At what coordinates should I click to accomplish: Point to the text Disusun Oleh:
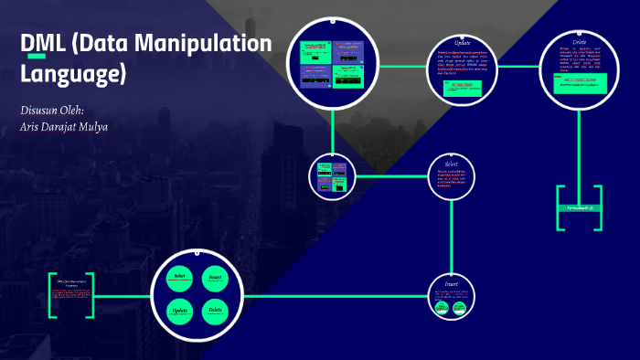[52, 110]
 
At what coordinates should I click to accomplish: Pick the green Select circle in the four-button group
[180, 279]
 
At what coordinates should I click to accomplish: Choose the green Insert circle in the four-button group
[215, 279]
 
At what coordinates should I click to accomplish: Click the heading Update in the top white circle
[463, 43]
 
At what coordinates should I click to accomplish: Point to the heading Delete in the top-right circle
[580, 42]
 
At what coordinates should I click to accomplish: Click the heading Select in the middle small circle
[451, 164]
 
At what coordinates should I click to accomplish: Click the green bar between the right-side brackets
[579, 208]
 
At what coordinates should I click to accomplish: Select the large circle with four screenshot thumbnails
[333, 61]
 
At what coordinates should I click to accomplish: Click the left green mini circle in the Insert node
[443, 308]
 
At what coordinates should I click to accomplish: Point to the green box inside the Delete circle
[579, 81]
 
